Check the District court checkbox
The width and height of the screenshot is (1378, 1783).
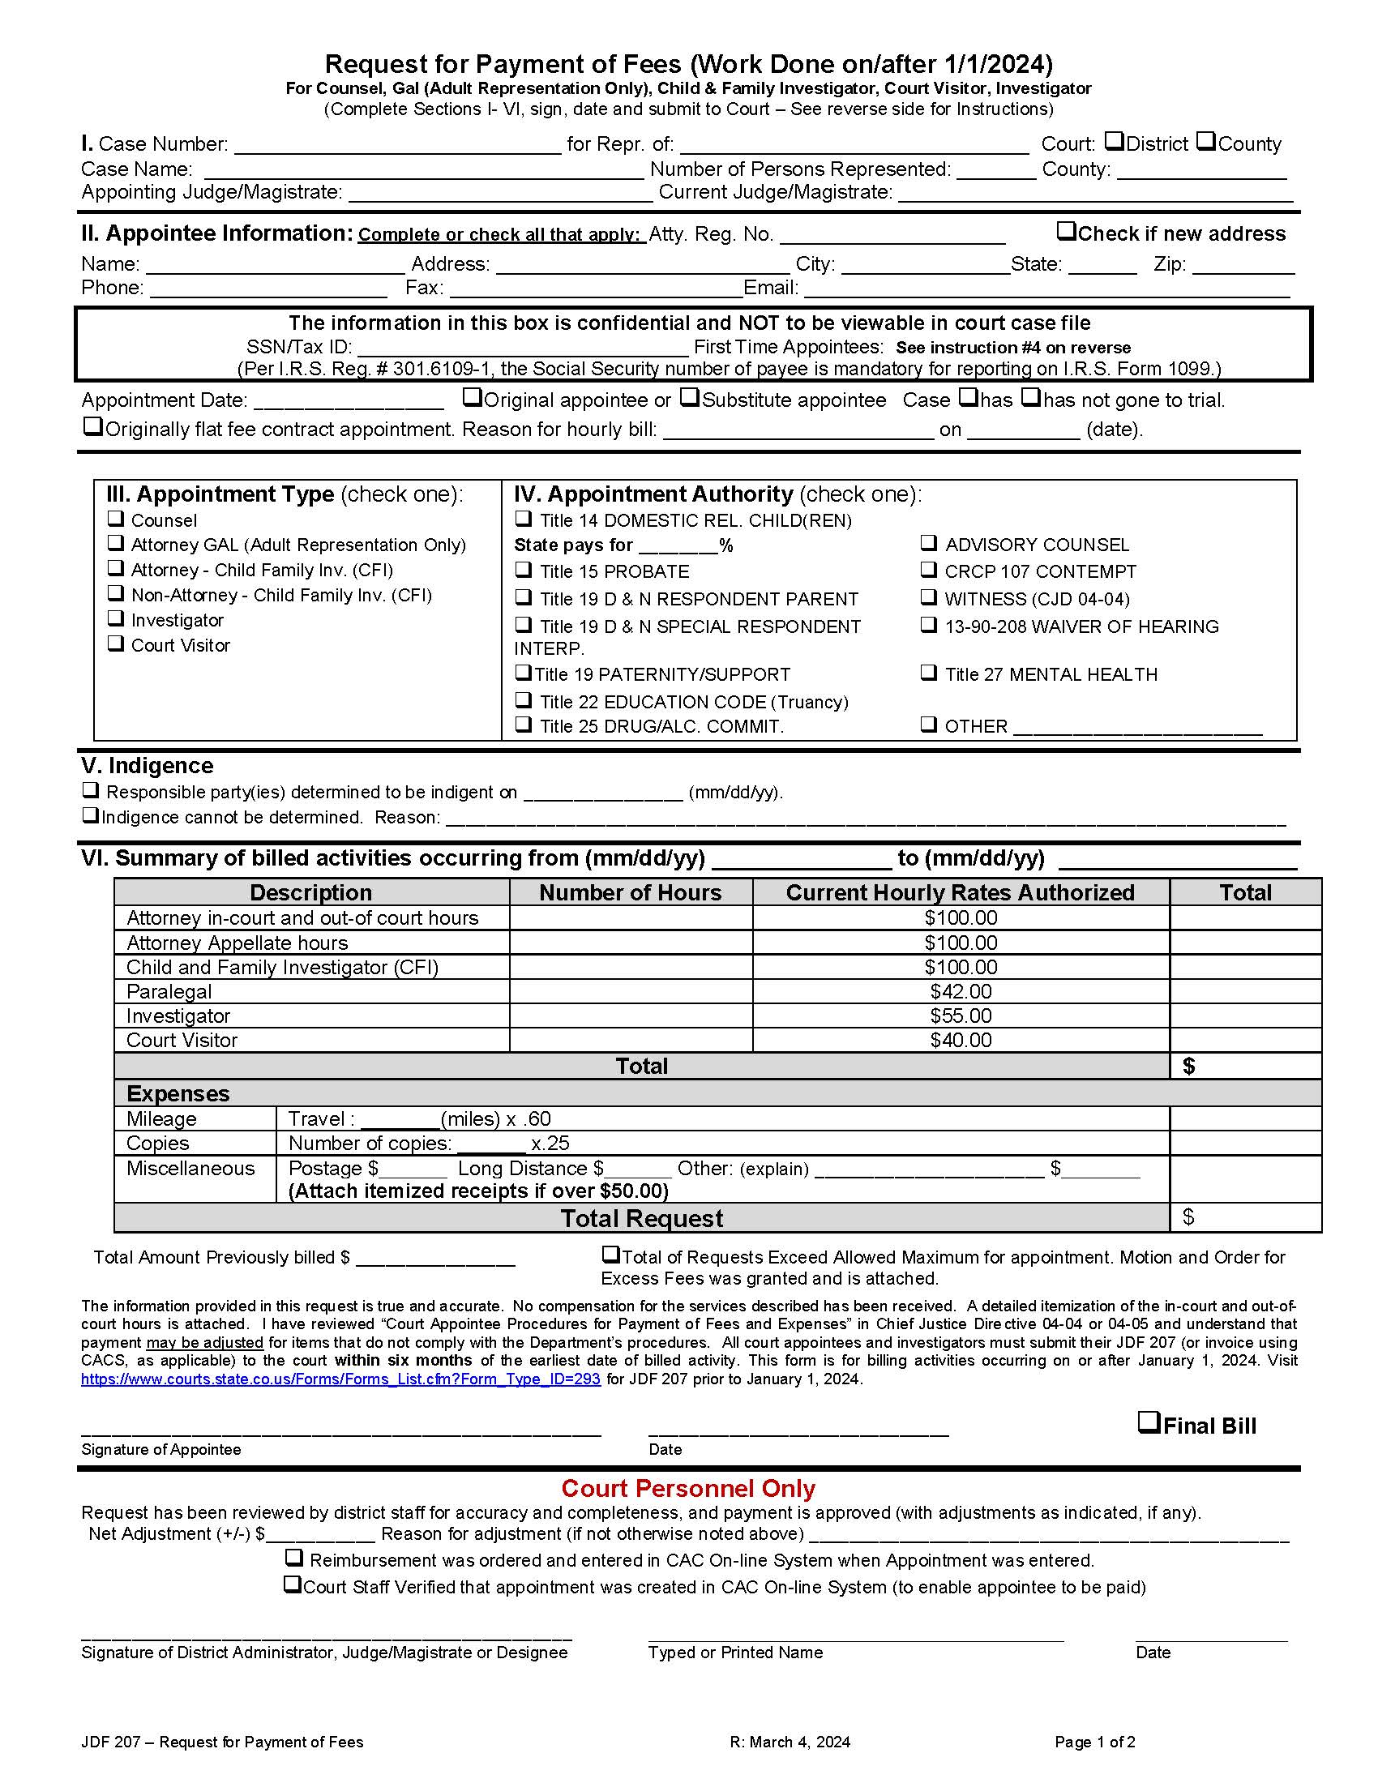[1115, 142]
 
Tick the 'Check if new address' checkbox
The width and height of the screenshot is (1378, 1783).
[1066, 231]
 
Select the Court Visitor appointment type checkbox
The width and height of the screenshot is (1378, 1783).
[117, 644]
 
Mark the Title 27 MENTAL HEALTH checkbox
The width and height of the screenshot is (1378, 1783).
[929, 673]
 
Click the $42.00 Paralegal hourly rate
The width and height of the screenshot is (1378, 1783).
[960, 991]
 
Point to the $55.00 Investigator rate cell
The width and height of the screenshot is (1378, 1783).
[960, 1015]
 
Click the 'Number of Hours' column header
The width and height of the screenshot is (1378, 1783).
[630, 892]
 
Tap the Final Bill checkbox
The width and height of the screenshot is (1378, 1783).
[1149, 1423]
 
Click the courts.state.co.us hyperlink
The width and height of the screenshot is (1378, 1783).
[340, 1379]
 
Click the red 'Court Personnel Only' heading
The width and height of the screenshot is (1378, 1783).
[688, 1488]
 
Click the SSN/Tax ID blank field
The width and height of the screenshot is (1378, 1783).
[523, 348]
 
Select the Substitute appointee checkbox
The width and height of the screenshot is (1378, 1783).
[690, 398]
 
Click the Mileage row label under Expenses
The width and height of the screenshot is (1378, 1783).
[161, 1118]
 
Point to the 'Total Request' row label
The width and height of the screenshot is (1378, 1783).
[641, 1218]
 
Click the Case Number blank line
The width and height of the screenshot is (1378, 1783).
[397, 145]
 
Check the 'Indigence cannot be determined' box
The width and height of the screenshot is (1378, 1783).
[91, 815]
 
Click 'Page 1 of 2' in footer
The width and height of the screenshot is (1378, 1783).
[1094, 1742]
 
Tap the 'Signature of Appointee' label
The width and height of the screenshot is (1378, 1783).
[160, 1449]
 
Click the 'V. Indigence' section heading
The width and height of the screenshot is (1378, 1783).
[147, 765]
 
